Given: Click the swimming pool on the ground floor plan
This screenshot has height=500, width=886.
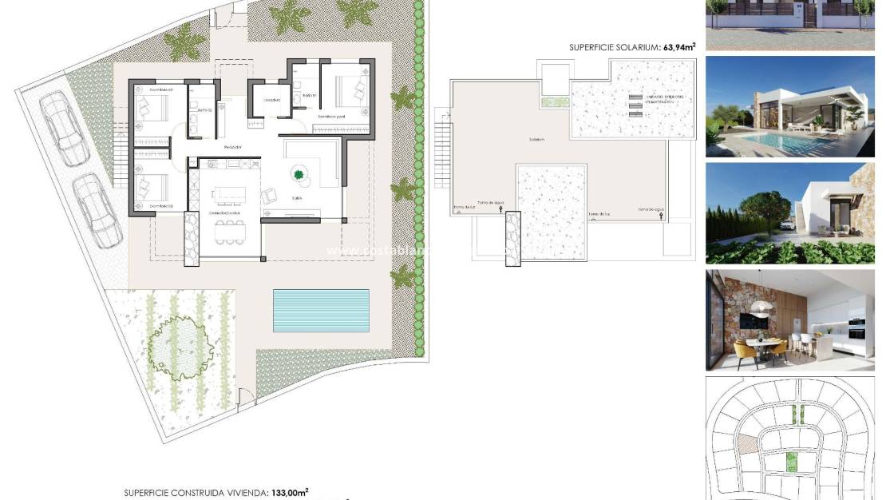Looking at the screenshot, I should [322, 310].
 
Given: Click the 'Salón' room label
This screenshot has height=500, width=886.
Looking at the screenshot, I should [298, 197].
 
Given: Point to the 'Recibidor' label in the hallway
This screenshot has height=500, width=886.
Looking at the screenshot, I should [233, 148].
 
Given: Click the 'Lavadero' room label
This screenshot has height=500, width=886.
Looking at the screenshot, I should [271, 100].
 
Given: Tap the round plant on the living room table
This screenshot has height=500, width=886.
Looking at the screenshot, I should [300, 174].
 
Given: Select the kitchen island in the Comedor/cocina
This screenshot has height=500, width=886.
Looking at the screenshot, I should [232, 193].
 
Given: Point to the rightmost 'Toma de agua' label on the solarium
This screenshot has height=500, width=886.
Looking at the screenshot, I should [651, 209].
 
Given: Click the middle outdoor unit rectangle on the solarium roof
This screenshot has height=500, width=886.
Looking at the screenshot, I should [635, 106].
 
